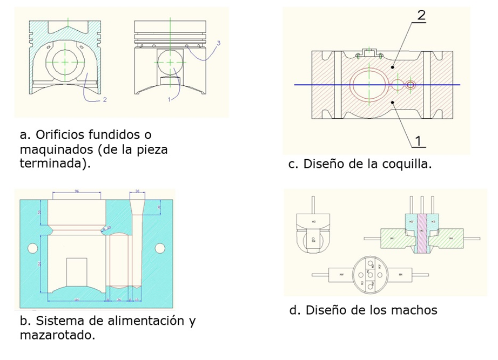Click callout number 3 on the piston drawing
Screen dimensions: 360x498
point(218,42)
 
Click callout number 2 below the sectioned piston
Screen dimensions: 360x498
point(105,99)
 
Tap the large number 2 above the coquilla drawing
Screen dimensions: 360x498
point(421,15)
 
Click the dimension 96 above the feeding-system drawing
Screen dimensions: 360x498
point(77,191)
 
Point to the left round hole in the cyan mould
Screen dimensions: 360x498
point(32,248)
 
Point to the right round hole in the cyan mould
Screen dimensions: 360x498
point(159,248)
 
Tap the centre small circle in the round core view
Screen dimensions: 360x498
point(371,274)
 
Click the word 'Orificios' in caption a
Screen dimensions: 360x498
point(60,133)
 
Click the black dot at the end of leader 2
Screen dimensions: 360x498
point(392,68)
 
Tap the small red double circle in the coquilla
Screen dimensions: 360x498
point(411,85)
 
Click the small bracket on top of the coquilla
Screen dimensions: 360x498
point(369,52)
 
